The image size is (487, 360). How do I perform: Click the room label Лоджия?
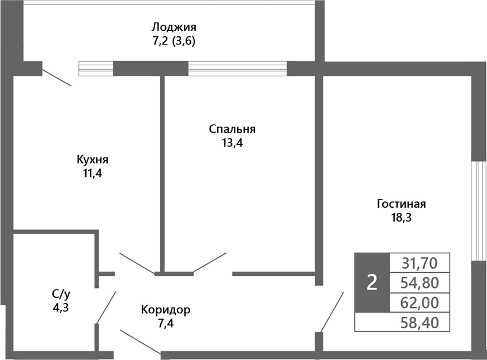tap(174, 27)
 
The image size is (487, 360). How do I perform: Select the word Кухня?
tap(92, 159)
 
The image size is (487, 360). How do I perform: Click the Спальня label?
tap(232, 129)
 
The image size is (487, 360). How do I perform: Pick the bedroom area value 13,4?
tap(232, 143)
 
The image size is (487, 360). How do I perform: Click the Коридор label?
tap(165, 310)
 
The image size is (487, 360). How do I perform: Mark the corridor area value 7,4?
tap(165, 323)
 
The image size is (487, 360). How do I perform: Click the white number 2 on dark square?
tap(372, 283)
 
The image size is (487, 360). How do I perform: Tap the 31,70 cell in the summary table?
tap(420, 263)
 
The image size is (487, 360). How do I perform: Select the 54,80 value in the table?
tap(420, 283)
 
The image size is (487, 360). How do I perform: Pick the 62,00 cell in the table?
tap(420, 302)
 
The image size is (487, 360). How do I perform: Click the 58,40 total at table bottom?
tap(420, 322)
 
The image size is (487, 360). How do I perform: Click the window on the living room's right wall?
tap(476, 211)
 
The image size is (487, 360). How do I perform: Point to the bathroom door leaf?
tap(106, 307)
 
